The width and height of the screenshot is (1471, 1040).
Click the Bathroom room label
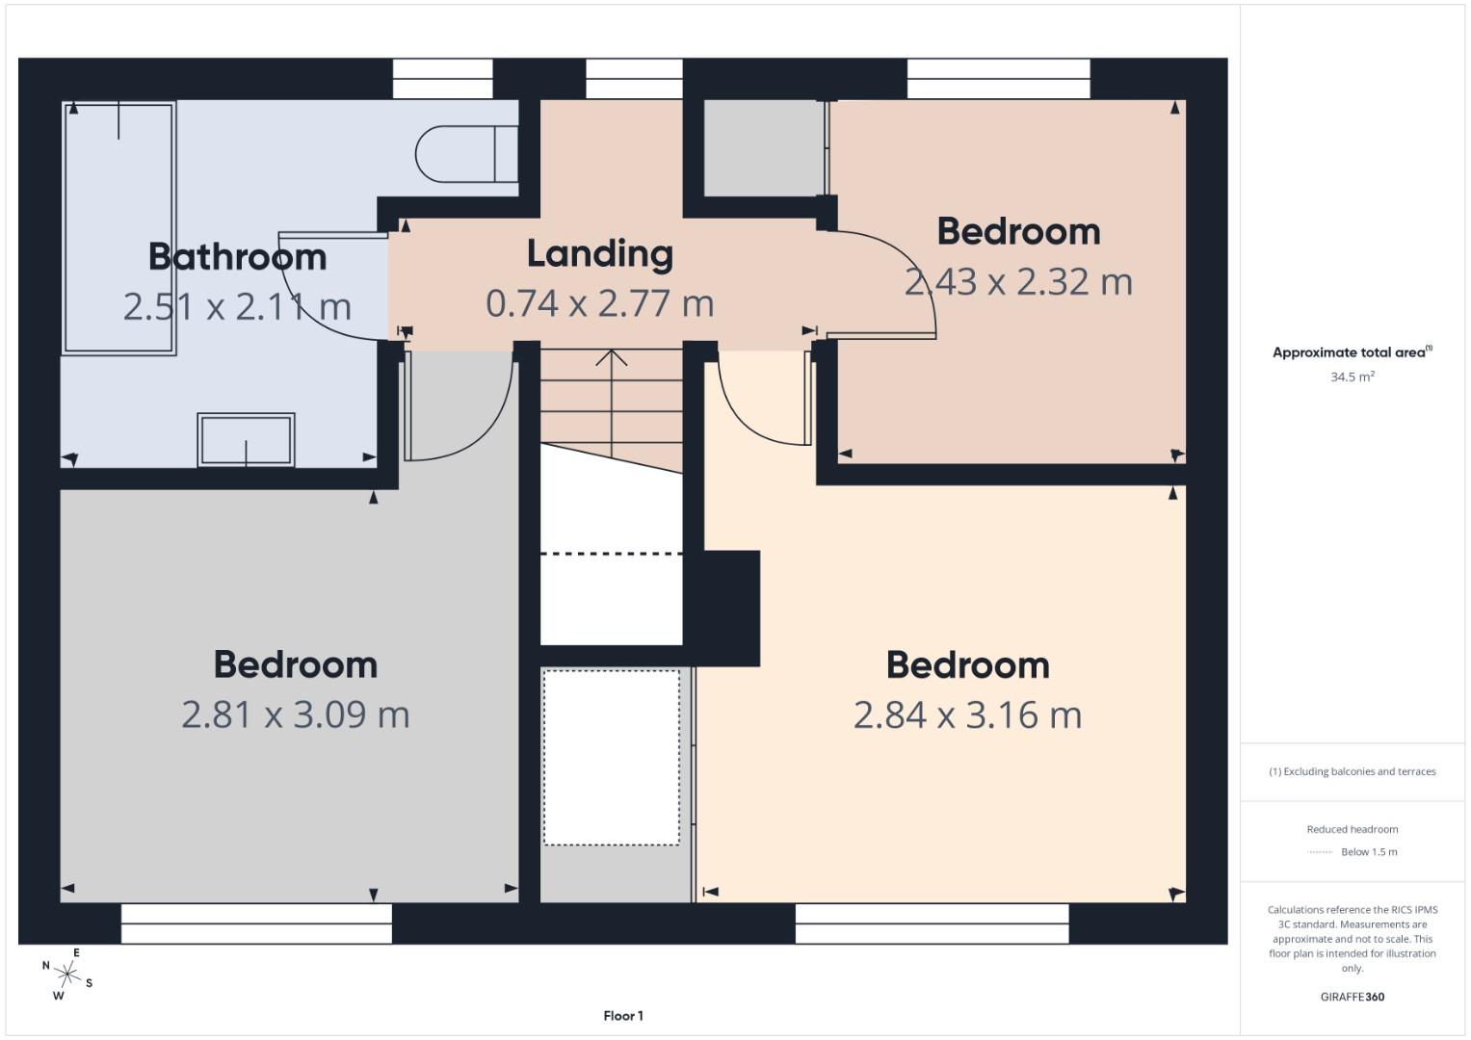[237, 257]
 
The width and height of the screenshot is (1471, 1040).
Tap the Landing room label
[599, 254]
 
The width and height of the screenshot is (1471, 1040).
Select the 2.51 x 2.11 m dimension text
[237, 307]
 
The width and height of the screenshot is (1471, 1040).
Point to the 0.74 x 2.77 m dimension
[599, 303]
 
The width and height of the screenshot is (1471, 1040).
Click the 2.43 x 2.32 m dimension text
[1018, 282]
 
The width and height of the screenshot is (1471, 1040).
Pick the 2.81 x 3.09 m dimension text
[296, 715]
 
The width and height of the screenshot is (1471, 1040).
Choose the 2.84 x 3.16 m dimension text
[967, 715]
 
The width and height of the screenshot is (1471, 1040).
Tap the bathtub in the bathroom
[118, 228]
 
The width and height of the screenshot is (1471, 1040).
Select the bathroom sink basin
[246, 440]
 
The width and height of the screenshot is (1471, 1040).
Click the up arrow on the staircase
[611, 358]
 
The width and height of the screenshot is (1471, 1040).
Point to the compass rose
[66, 974]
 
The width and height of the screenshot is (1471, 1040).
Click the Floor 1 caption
[623, 1016]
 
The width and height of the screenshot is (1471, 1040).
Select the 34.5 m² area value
[1352, 377]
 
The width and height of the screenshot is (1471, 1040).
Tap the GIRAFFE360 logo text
[1352, 997]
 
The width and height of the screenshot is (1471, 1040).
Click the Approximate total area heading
[1352, 352]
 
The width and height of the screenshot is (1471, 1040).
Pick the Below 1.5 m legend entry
[1368, 852]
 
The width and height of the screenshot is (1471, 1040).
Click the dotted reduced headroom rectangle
[611, 758]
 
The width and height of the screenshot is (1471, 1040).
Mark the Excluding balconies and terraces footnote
[1352, 771]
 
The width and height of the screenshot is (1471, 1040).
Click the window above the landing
[634, 79]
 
